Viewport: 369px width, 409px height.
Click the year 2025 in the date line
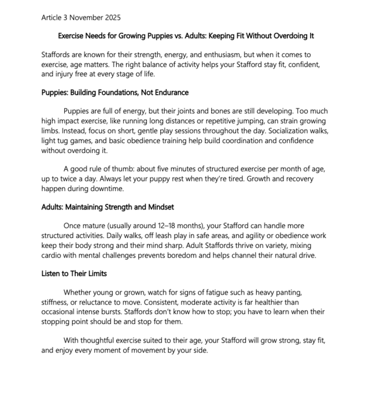pyautogui.click(x=112, y=17)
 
